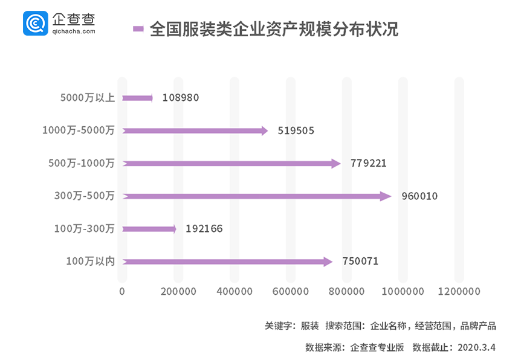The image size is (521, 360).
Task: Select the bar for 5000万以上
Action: click(x=137, y=97)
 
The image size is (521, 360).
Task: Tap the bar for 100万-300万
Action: click(x=149, y=229)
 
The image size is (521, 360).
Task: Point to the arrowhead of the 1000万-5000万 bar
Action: click(x=264, y=130)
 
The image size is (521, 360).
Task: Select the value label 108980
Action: click(x=180, y=98)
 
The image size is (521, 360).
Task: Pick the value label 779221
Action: click(x=368, y=164)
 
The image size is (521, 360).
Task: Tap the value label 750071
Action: click(x=360, y=262)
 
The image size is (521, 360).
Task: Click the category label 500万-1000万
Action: click(x=81, y=163)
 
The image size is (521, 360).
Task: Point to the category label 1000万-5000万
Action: click(x=78, y=130)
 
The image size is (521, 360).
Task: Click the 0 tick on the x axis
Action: click(x=122, y=292)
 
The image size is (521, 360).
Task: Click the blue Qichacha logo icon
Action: click(x=36, y=22)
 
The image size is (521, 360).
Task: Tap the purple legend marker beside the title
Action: click(x=138, y=28)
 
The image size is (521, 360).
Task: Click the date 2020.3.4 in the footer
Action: click(x=477, y=347)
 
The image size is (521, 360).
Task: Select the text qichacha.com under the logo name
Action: click(x=73, y=30)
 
